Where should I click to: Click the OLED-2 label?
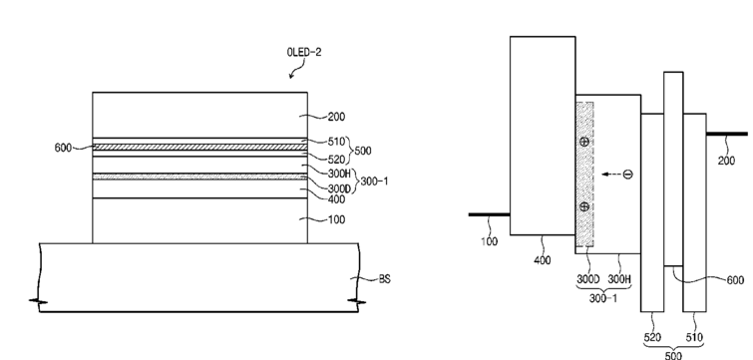click(x=304, y=52)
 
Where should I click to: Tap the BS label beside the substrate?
click(x=385, y=279)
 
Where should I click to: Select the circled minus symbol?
click(x=627, y=175)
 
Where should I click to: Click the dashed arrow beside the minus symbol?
click(x=610, y=175)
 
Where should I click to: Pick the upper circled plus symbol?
click(x=584, y=142)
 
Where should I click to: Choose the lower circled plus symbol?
click(x=584, y=206)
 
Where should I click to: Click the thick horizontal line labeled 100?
click(x=489, y=214)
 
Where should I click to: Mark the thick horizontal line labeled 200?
click(x=727, y=134)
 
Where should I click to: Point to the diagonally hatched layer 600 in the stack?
click(x=199, y=148)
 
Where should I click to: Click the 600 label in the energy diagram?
click(x=735, y=280)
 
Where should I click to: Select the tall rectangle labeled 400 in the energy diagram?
click(x=543, y=136)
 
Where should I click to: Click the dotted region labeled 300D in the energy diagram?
click(x=584, y=175)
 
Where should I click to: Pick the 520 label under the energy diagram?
click(x=652, y=338)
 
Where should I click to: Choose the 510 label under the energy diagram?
click(x=694, y=338)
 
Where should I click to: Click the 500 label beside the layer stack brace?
click(x=363, y=151)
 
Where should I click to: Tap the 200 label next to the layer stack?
click(x=336, y=117)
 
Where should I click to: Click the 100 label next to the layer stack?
click(x=336, y=219)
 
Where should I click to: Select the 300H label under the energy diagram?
click(x=619, y=279)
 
